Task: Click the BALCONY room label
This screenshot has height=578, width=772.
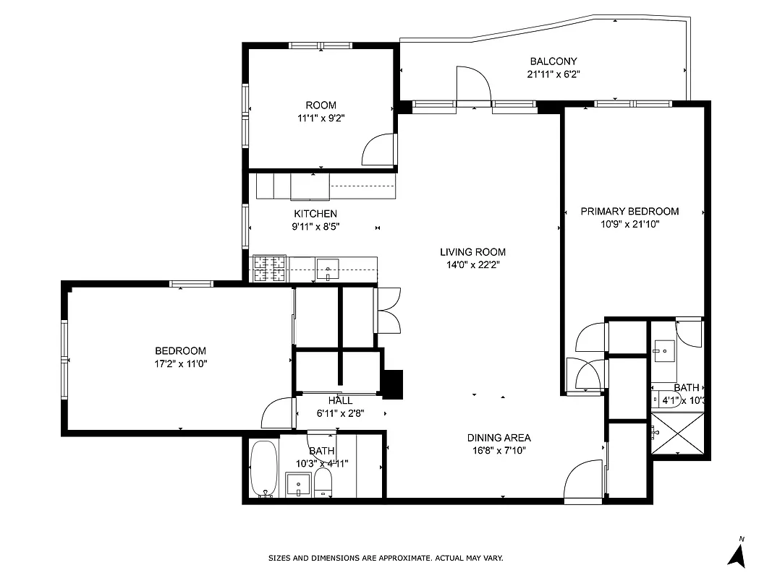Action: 553,61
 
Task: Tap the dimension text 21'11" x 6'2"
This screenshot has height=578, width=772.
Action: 553,74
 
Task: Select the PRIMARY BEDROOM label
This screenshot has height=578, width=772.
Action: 629,212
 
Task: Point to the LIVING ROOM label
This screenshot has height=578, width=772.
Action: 472,252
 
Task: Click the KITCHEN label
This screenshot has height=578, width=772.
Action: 315,214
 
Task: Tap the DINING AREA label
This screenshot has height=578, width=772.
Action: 499,438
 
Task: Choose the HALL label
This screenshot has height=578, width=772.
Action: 340,401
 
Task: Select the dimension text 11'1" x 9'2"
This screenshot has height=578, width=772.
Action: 320,118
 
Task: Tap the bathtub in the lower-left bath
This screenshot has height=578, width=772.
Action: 263,469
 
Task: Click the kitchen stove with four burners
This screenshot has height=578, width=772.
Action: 268,269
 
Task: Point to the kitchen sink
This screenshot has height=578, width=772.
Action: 328,269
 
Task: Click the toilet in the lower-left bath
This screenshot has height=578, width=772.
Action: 323,483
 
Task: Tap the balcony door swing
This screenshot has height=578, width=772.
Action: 473,85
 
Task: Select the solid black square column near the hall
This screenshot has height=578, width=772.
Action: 392,384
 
